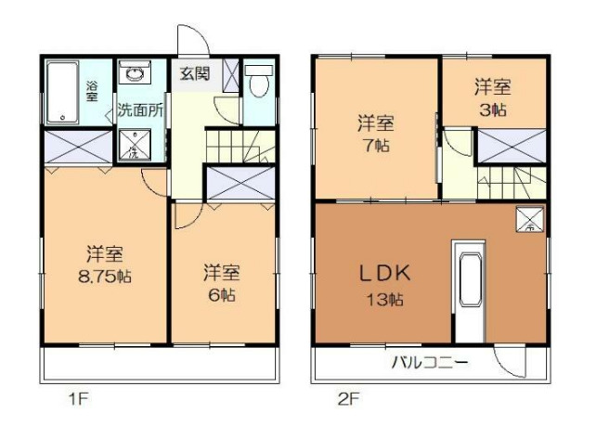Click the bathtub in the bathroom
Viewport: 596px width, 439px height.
(x=63, y=93)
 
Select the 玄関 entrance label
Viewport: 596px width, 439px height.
(x=195, y=73)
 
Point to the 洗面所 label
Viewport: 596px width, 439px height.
(x=139, y=110)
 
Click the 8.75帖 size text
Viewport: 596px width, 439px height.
(x=105, y=276)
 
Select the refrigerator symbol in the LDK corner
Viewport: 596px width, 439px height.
(x=530, y=221)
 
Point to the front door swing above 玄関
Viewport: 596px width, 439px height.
(x=190, y=44)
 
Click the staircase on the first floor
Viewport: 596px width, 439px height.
(x=232, y=146)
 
